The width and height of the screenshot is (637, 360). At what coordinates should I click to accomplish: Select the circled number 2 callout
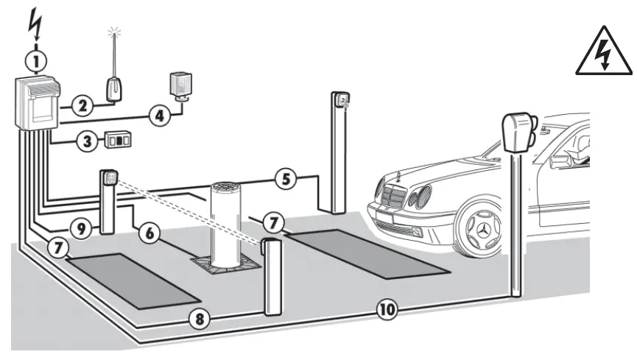coord(83,105)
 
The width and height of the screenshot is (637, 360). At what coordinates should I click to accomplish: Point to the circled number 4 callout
coord(158,114)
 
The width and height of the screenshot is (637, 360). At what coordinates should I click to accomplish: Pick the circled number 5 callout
coord(286,177)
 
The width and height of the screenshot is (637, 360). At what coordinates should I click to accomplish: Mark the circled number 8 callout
coord(197,319)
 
